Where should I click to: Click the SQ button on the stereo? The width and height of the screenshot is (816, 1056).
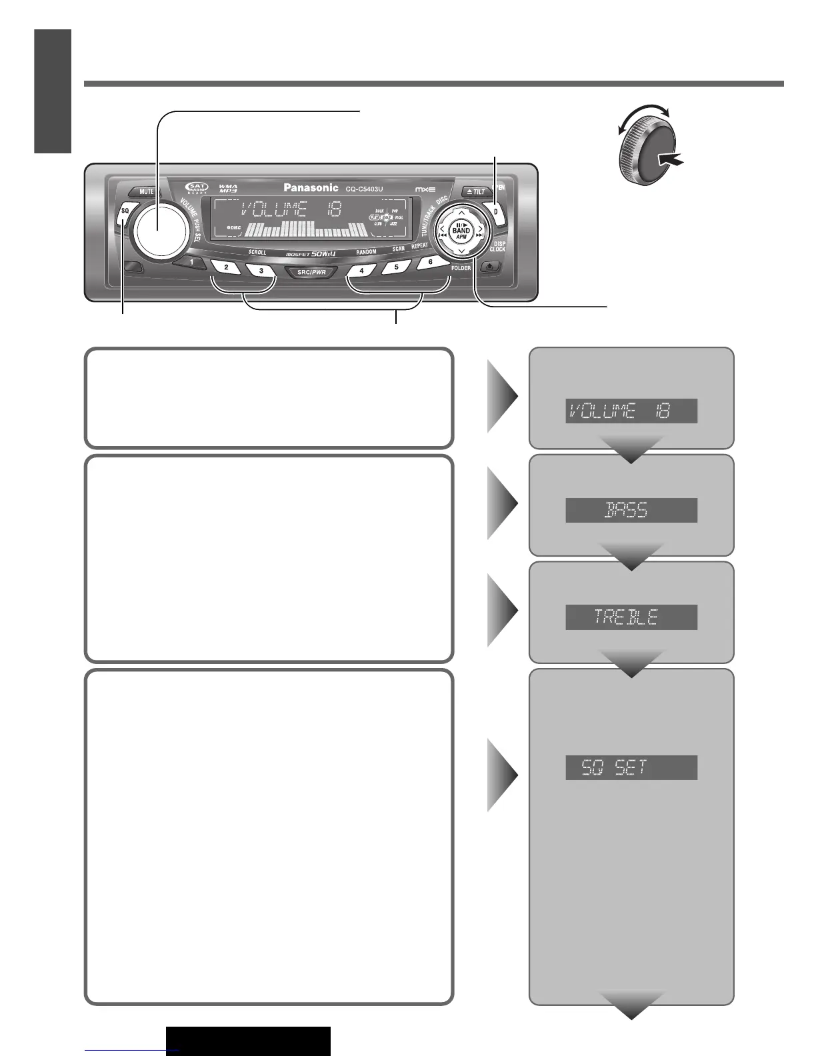tap(125, 213)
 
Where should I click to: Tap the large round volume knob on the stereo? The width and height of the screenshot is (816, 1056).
tap(159, 228)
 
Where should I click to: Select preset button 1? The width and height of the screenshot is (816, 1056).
tap(191, 262)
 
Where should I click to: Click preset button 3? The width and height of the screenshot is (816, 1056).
tap(261, 271)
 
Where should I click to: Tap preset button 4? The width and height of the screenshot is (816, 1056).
tap(362, 271)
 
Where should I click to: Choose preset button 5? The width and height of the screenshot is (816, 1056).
tap(397, 267)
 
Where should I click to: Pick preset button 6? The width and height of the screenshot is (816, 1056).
tap(431, 262)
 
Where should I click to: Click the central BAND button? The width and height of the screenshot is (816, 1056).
tap(461, 231)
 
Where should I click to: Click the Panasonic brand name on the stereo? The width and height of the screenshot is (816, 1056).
tap(311, 188)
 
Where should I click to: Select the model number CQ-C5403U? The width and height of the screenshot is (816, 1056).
tap(364, 189)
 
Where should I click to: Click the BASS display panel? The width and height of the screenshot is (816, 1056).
tap(631, 510)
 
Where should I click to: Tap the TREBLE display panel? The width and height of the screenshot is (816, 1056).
tap(631, 617)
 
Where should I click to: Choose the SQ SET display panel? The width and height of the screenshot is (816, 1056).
tap(631, 768)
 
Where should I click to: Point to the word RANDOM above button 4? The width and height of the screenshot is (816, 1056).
tap(366, 253)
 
